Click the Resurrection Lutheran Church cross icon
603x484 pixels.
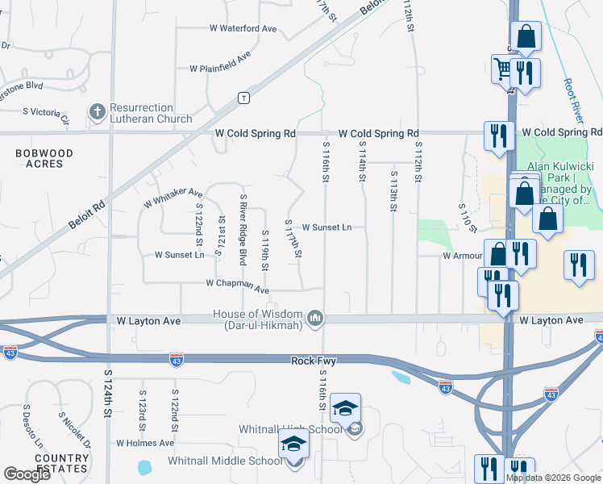point(98,112)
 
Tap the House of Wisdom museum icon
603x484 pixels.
point(316,319)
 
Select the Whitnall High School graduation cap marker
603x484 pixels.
point(345,408)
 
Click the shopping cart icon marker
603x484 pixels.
point(504,69)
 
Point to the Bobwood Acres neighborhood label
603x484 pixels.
point(44,158)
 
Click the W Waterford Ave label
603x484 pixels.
point(243,28)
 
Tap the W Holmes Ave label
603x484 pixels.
point(145,443)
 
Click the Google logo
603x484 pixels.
point(27,474)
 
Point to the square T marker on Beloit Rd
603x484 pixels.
point(243,98)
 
